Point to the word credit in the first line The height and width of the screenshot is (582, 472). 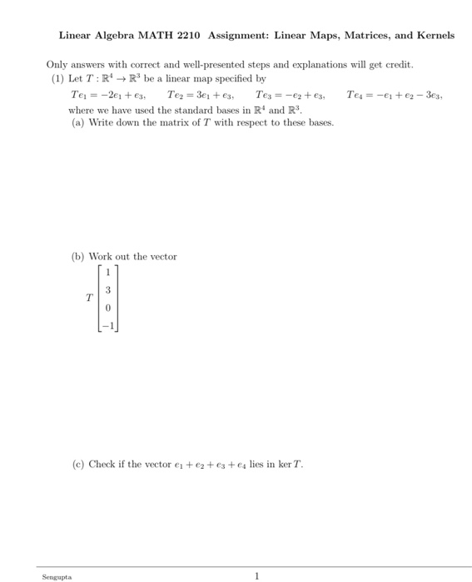point(396,65)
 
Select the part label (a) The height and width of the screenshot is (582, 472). point(77,122)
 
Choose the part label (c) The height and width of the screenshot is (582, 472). point(77,463)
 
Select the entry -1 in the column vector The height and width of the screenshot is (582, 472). point(107,328)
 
